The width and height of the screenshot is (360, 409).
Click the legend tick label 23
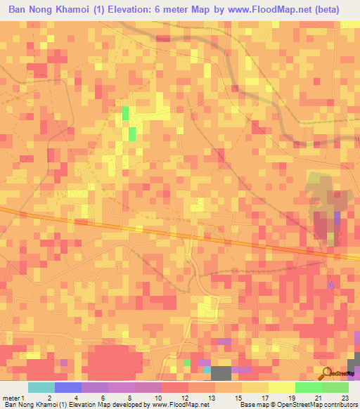(x=345, y=397)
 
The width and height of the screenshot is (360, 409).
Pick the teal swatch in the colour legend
(x=41, y=387)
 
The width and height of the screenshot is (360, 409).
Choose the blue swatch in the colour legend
(x=67, y=387)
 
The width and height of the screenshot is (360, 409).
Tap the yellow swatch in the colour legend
(x=281, y=387)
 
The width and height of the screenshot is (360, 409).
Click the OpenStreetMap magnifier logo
(x=326, y=373)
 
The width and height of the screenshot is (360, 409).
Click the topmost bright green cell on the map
(x=125, y=112)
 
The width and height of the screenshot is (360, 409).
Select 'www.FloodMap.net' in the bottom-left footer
(x=179, y=405)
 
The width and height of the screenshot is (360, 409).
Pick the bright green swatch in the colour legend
(x=308, y=387)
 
